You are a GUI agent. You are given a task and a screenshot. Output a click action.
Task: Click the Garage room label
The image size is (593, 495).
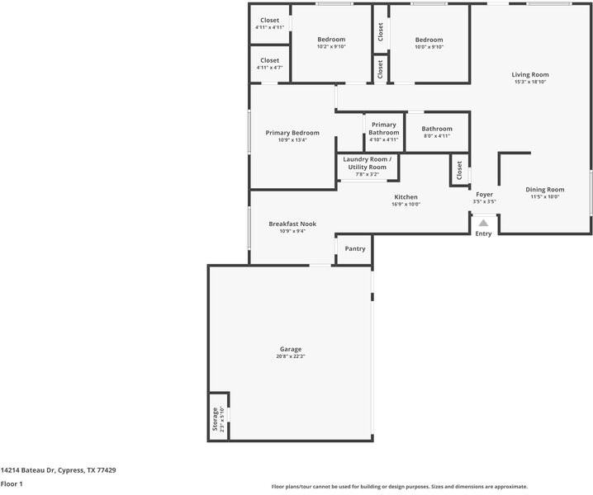(x=290, y=349)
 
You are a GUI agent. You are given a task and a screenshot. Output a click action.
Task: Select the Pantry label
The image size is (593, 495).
(x=354, y=248)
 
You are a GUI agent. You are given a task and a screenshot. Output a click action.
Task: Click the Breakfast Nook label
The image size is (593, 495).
(x=292, y=224)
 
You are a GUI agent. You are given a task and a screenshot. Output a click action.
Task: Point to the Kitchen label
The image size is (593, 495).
(x=406, y=197)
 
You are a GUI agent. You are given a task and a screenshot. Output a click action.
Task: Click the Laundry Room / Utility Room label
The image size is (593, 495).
(x=367, y=163)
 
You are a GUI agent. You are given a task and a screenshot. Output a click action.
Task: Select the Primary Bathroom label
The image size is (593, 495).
(x=383, y=129)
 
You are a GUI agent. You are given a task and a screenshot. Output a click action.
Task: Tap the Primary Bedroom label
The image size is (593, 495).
(x=292, y=133)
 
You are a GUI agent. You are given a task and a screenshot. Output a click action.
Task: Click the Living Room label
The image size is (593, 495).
(x=530, y=75)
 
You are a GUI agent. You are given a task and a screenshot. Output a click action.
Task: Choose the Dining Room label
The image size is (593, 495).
(x=545, y=190)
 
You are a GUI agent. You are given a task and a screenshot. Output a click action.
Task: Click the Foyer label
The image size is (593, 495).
(x=484, y=195)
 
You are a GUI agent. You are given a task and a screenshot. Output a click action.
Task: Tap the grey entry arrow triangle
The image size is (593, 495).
(x=484, y=222)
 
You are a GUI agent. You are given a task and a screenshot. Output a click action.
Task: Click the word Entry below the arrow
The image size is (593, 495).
(x=483, y=233)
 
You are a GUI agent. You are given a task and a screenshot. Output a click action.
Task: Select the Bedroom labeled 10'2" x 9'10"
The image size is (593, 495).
(x=331, y=40)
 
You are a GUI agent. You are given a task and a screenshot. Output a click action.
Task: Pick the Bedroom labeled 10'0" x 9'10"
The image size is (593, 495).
(x=429, y=40)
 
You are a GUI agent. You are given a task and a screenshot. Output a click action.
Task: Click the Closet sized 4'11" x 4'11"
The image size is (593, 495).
(x=269, y=21)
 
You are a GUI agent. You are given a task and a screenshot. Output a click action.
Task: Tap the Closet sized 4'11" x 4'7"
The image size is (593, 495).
(x=269, y=60)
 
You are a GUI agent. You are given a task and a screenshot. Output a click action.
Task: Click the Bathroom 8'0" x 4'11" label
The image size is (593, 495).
(x=437, y=129)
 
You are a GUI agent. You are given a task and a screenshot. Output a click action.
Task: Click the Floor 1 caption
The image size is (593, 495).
(x=12, y=484)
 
